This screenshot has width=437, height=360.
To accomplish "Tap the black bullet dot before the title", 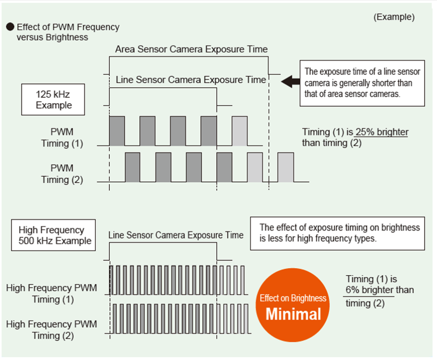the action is [x=10, y=27].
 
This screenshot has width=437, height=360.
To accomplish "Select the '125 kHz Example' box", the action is [x=53, y=99].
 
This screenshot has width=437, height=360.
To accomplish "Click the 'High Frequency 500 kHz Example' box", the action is [x=53, y=235].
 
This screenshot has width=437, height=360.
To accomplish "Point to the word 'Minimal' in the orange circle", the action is [x=293, y=314].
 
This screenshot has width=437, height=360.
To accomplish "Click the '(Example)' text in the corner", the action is [x=394, y=17].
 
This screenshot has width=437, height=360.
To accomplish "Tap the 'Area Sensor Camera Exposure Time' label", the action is [x=192, y=49].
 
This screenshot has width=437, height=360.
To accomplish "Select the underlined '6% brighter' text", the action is [x=369, y=290].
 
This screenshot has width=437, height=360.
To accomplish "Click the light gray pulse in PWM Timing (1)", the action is [x=240, y=131].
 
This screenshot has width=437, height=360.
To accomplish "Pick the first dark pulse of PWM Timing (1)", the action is [x=117, y=131].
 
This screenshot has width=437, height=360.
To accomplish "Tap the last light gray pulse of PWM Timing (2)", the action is [x=286, y=167].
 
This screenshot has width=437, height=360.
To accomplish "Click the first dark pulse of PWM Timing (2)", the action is [x=133, y=167].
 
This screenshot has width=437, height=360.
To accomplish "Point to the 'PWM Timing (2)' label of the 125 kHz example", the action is [x=62, y=174].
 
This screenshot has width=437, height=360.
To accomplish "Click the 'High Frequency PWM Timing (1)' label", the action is [x=52, y=293].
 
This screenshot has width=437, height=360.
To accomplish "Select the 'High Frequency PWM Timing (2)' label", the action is [x=52, y=330].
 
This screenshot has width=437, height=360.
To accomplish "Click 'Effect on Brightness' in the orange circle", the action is [x=293, y=298].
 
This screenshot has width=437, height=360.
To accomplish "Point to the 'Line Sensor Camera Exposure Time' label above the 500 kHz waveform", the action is [x=176, y=235].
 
